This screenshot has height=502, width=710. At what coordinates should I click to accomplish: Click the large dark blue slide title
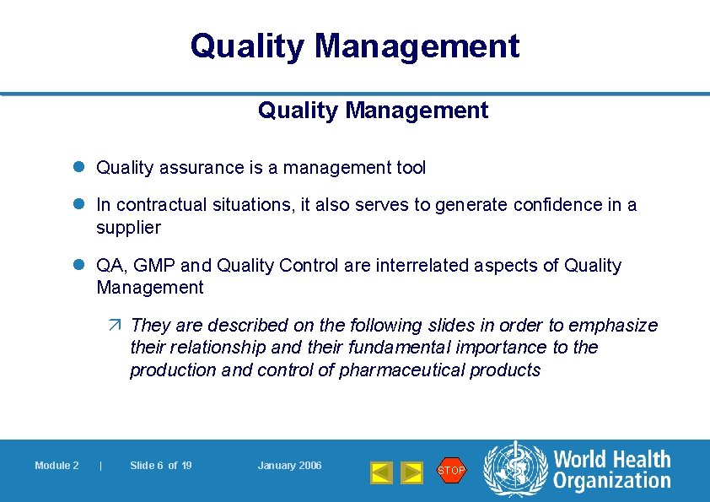click(x=355, y=46)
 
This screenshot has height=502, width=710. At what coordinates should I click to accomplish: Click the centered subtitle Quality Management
click(x=373, y=111)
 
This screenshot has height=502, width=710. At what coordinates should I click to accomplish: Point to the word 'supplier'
click(x=128, y=228)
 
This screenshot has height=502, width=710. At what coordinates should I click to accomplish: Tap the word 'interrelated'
click(x=393, y=266)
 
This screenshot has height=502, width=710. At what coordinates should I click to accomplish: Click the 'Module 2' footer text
click(x=56, y=466)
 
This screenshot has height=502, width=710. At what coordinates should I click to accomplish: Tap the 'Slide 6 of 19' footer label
click(x=160, y=466)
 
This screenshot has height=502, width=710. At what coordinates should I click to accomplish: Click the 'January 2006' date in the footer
click(x=289, y=466)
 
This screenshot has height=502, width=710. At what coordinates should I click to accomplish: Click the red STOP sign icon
click(x=451, y=470)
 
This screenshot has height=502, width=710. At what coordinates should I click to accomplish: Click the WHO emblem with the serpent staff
click(x=515, y=469)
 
